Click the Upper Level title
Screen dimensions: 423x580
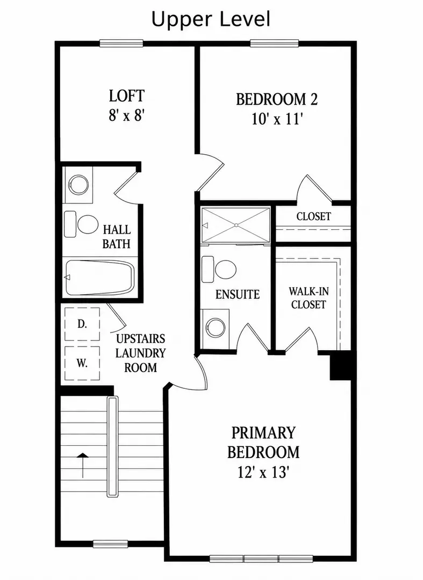[211, 20]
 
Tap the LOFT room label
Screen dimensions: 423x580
[126, 96]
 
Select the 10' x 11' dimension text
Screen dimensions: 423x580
[277, 119]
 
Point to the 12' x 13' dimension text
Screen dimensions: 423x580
[263, 473]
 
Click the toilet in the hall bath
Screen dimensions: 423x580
[81, 224]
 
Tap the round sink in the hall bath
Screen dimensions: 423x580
[78, 184]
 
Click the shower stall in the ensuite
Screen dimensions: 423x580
[236, 225]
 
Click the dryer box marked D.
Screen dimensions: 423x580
[82, 324]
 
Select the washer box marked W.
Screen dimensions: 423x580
[82, 363]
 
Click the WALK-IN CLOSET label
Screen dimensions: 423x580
[309, 298]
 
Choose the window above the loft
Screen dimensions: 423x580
[121, 44]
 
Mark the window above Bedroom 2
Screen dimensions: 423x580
[274, 44]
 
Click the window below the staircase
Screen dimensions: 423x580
[110, 543]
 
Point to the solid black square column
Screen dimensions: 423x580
[340, 365]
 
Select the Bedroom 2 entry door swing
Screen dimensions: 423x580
[210, 172]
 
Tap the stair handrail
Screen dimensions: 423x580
[112, 446]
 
